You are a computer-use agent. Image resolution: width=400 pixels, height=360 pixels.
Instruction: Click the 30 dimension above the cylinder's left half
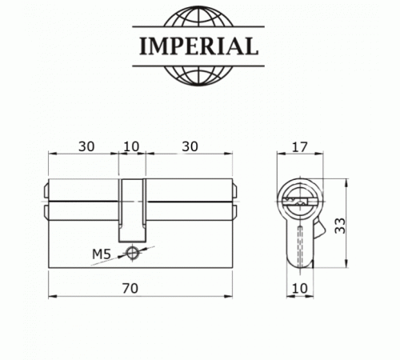(87, 146)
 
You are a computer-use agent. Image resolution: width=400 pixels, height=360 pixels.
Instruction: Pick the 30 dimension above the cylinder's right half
(190, 146)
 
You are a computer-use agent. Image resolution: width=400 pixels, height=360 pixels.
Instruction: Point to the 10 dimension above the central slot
(130, 146)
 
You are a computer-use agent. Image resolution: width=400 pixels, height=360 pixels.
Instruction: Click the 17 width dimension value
(300, 146)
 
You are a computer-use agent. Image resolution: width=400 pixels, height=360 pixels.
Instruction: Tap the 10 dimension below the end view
(299, 286)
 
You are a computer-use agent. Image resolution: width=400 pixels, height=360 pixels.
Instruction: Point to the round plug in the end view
(299, 197)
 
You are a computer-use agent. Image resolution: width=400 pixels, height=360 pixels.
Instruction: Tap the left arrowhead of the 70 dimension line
(52, 295)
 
